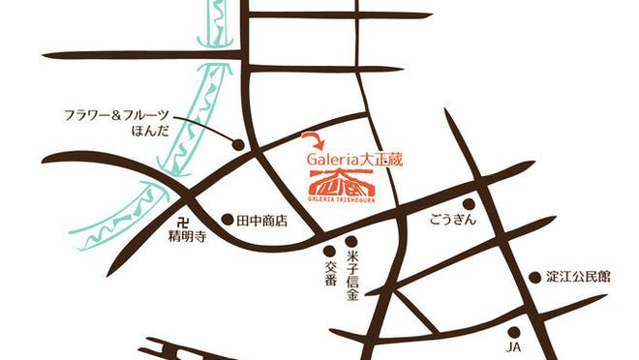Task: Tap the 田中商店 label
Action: pyautogui.click(x=262, y=221)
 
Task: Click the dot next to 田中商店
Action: pyautogui.click(x=228, y=220)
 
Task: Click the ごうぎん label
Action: pyautogui.click(x=450, y=221)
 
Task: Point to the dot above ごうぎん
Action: pyautogui.click(x=469, y=204)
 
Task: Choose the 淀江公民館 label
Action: pyautogui.click(x=579, y=277)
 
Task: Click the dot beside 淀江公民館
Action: pyautogui.click(x=533, y=277)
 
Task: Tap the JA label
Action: pyautogui.click(x=514, y=345)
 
